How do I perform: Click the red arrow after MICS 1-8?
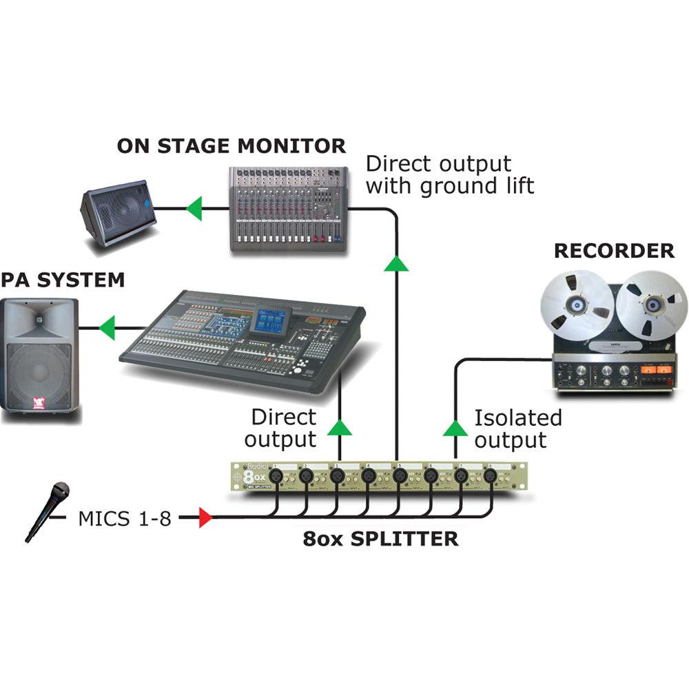[x=205, y=517]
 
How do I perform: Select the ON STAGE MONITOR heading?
[x=231, y=146]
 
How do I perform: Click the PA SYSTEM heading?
[x=63, y=280]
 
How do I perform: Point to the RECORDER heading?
[x=614, y=251]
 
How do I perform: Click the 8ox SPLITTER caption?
[x=380, y=538]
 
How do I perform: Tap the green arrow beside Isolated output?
[x=455, y=429]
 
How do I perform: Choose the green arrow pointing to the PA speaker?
[x=106, y=328]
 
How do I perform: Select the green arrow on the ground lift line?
[x=397, y=262]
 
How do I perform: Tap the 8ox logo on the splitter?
[x=256, y=475]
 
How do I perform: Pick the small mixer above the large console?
[x=287, y=209]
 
